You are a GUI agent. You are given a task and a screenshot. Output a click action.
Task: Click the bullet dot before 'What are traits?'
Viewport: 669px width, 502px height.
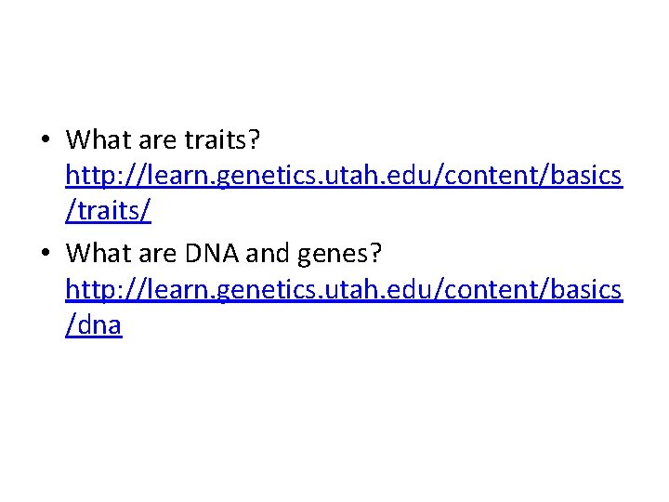[x=46, y=140]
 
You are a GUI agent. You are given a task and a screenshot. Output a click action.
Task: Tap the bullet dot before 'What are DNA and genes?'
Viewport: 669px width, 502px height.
[x=46, y=252]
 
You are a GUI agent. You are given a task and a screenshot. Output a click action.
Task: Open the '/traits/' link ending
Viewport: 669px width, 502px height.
[x=108, y=212]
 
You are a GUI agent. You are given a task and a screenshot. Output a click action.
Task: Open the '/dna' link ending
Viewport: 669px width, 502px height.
[x=94, y=324]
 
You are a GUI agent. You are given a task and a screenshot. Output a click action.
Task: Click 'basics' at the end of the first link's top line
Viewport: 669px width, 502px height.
[x=584, y=177]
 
